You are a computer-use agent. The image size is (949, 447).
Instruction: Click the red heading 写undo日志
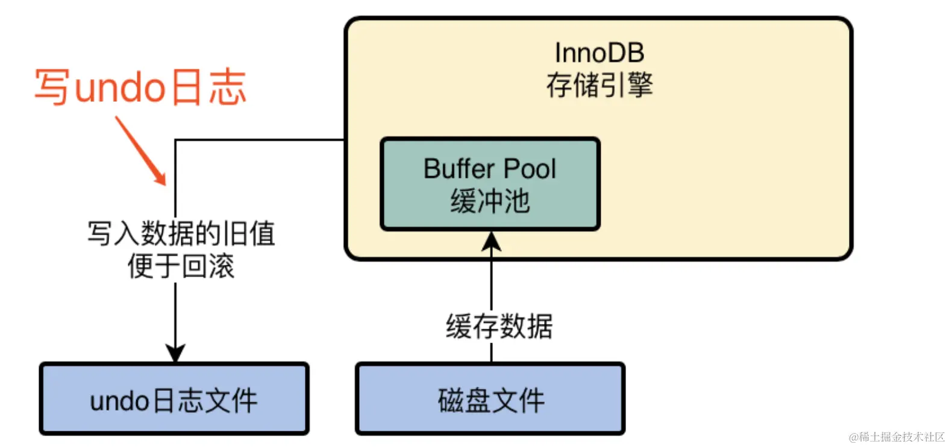[140, 88]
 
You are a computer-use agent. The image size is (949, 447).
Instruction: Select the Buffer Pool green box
[490, 184]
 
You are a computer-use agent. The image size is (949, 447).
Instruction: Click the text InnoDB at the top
[599, 53]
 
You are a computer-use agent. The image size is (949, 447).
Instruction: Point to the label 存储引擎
[599, 85]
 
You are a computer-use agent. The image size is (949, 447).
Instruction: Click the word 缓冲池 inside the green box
[490, 201]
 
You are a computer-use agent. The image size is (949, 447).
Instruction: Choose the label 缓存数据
[499, 326]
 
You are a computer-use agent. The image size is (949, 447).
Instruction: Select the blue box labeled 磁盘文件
[490, 399]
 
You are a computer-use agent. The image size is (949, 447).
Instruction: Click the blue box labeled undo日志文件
[174, 399]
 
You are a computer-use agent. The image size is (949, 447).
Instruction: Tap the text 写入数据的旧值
[181, 234]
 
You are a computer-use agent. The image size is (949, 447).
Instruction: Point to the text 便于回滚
[181, 266]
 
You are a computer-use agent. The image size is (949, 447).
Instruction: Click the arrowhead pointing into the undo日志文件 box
[175, 353]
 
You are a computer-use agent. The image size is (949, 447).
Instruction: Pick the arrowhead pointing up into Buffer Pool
[492, 241]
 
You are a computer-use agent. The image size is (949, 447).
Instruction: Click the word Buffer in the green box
[459, 169]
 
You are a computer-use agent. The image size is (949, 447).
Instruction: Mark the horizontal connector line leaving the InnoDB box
[259, 140]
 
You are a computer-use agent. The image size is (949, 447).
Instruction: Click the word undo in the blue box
[119, 401]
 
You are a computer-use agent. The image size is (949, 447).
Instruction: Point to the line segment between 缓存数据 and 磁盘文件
[492, 352]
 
